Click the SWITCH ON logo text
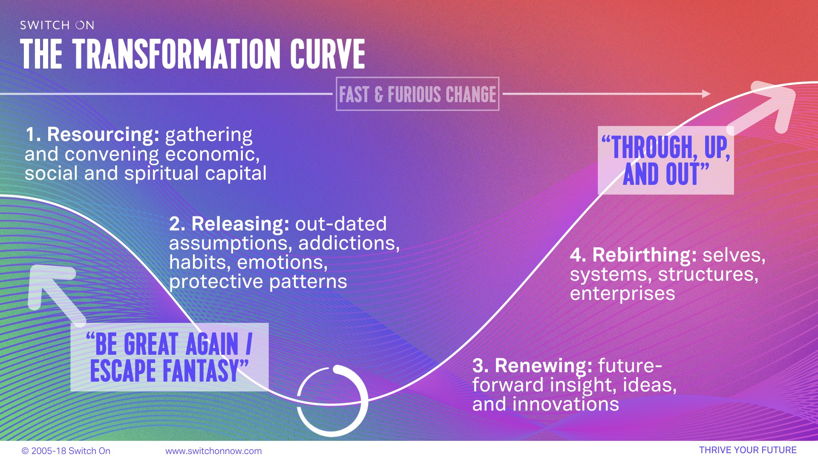point(57,25)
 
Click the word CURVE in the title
point(328,54)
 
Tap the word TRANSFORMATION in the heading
point(177,54)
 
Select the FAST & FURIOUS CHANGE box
point(418,94)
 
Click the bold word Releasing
point(241,224)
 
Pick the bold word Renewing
point(544,365)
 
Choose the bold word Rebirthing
point(645,255)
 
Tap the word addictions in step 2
point(349,243)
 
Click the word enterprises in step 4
point(622,294)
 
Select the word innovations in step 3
point(566,404)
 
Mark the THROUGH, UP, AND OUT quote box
point(666,161)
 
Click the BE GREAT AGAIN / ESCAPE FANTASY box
point(170,357)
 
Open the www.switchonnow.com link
point(213,451)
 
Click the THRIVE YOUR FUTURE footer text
point(748,450)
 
